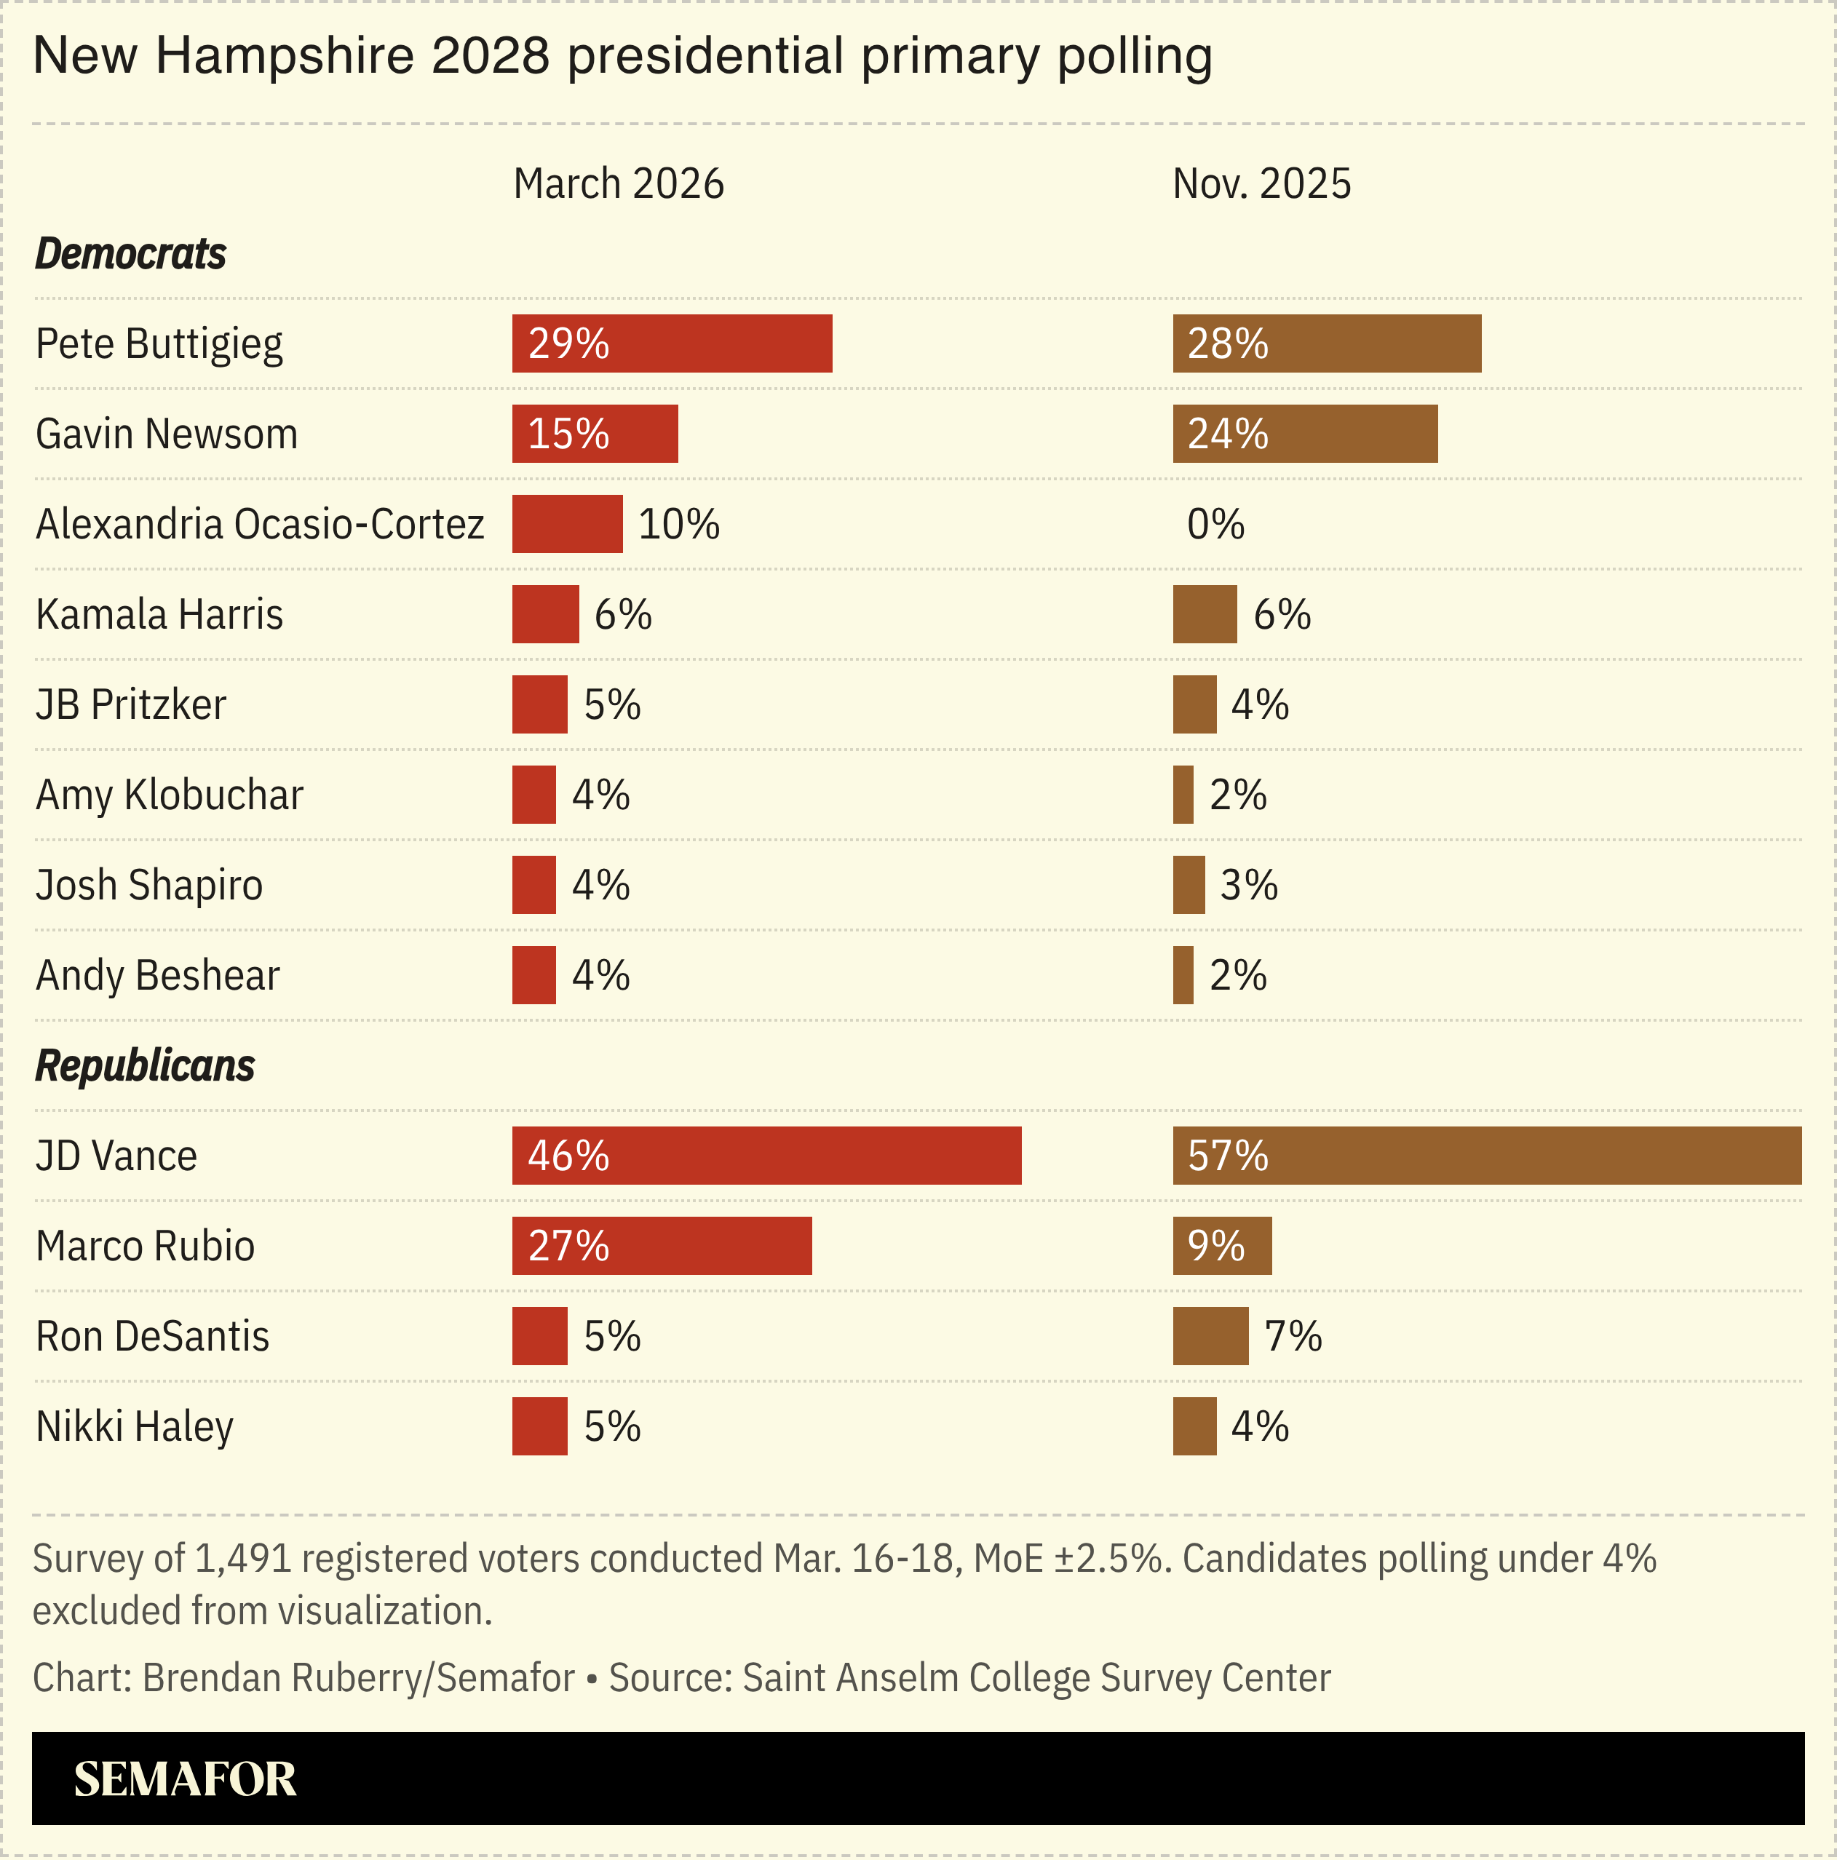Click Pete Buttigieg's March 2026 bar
click(x=671, y=343)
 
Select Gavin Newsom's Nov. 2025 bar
click(x=1304, y=434)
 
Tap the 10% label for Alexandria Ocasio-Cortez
click(x=679, y=525)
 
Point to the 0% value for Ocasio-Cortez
click(x=1215, y=525)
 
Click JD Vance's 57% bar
click(x=1485, y=1156)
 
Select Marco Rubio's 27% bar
click(x=662, y=1246)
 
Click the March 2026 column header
click(x=618, y=184)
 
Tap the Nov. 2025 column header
click(x=1261, y=184)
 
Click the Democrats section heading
click(x=130, y=254)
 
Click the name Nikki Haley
click(x=134, y=1427)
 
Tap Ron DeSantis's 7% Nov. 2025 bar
click(x=1210, y=1336)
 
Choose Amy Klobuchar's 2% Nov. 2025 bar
click(x=1182, y=795)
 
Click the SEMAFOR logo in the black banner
click(x=185, y=1779)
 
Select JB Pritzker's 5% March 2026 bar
click(x=539, y=704)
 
